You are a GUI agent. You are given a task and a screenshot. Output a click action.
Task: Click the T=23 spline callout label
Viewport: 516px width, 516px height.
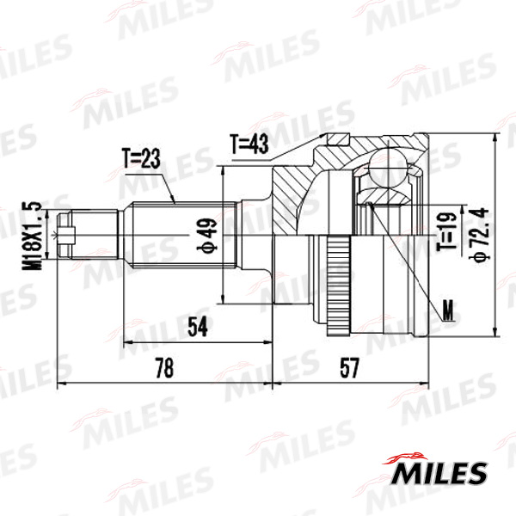pos(142,158)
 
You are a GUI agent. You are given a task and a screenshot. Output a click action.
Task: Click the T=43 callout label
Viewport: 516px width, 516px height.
pos(249,144)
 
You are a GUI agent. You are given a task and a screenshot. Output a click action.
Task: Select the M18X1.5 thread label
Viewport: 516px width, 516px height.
pos(33,236)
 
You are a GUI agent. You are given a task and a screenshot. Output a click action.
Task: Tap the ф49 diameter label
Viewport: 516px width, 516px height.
pos(207,235)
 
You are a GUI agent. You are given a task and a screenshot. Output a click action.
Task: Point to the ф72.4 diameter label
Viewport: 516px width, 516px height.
pos(479,234)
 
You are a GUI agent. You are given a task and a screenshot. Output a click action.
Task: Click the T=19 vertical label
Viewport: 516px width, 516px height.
pos(447,231)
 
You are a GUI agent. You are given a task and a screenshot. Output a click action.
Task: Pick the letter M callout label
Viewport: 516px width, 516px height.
pos(448,310)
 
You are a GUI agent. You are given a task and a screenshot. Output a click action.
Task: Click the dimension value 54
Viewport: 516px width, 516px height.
pos(198,326)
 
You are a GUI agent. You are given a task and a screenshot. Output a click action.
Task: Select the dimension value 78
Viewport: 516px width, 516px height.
pos(164,368)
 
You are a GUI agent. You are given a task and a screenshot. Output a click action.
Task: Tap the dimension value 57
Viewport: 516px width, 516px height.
pos(349,368)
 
